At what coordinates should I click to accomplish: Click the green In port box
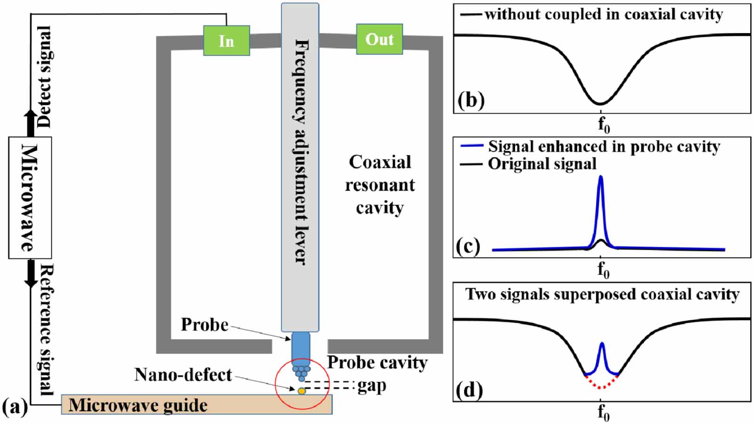(x=226, y=41)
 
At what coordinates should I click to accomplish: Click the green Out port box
(x=379, y=39)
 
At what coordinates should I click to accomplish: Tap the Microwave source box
(x=30, y=198)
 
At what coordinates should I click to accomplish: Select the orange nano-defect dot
(x=302, y=391)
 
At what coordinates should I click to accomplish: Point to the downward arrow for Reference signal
(x=31, y=274)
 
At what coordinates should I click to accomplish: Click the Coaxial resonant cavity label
(x=380, y=185)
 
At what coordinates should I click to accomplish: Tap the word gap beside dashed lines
(x=372, y=386)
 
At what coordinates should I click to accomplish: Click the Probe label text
(x=205, y=325)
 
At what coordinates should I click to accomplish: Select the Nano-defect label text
(x=183, y=374)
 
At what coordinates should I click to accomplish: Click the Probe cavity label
(x=377, y=362)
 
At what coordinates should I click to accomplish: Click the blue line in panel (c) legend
(x=472, y=147)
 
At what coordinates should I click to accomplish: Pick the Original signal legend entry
(x=541, y=164)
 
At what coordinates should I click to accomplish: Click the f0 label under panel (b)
(x=603, y=125)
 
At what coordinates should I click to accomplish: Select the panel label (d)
(x=469, y=391)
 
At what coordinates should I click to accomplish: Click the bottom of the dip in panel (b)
(x=600, y=103)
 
